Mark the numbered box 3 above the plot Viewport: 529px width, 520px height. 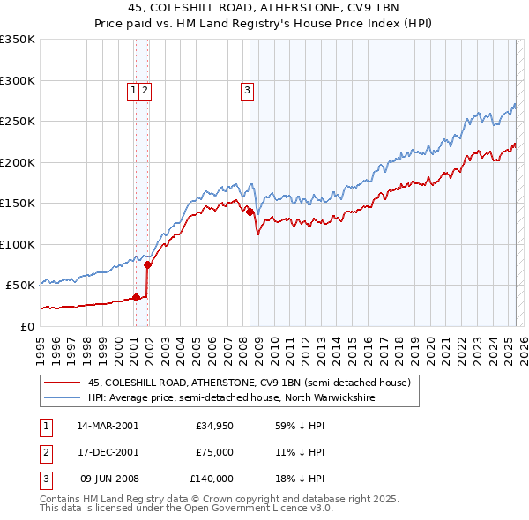pyautogui.click(x=247, y=89)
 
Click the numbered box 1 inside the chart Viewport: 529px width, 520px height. pyautogui.click(x=133, y=89)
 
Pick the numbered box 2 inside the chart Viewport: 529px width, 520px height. pyautogui.click(x=145, y=89)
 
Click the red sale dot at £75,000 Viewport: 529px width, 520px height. pyautogui.click(x=147, y=264)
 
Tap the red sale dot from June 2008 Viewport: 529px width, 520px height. pyautogui.click(x=250, y=212)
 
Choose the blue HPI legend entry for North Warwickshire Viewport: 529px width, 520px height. pyautogui.click(x=231, y=398)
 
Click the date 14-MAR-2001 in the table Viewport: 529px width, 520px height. pyautogui.click(x=108, y=426)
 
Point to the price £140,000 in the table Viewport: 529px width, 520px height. pyautogui.click(x=211, y=479)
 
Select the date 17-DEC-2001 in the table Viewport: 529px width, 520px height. pyautogui.click(x=108, y=452)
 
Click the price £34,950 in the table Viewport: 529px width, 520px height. pyautogui.click(x=214, y=426)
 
